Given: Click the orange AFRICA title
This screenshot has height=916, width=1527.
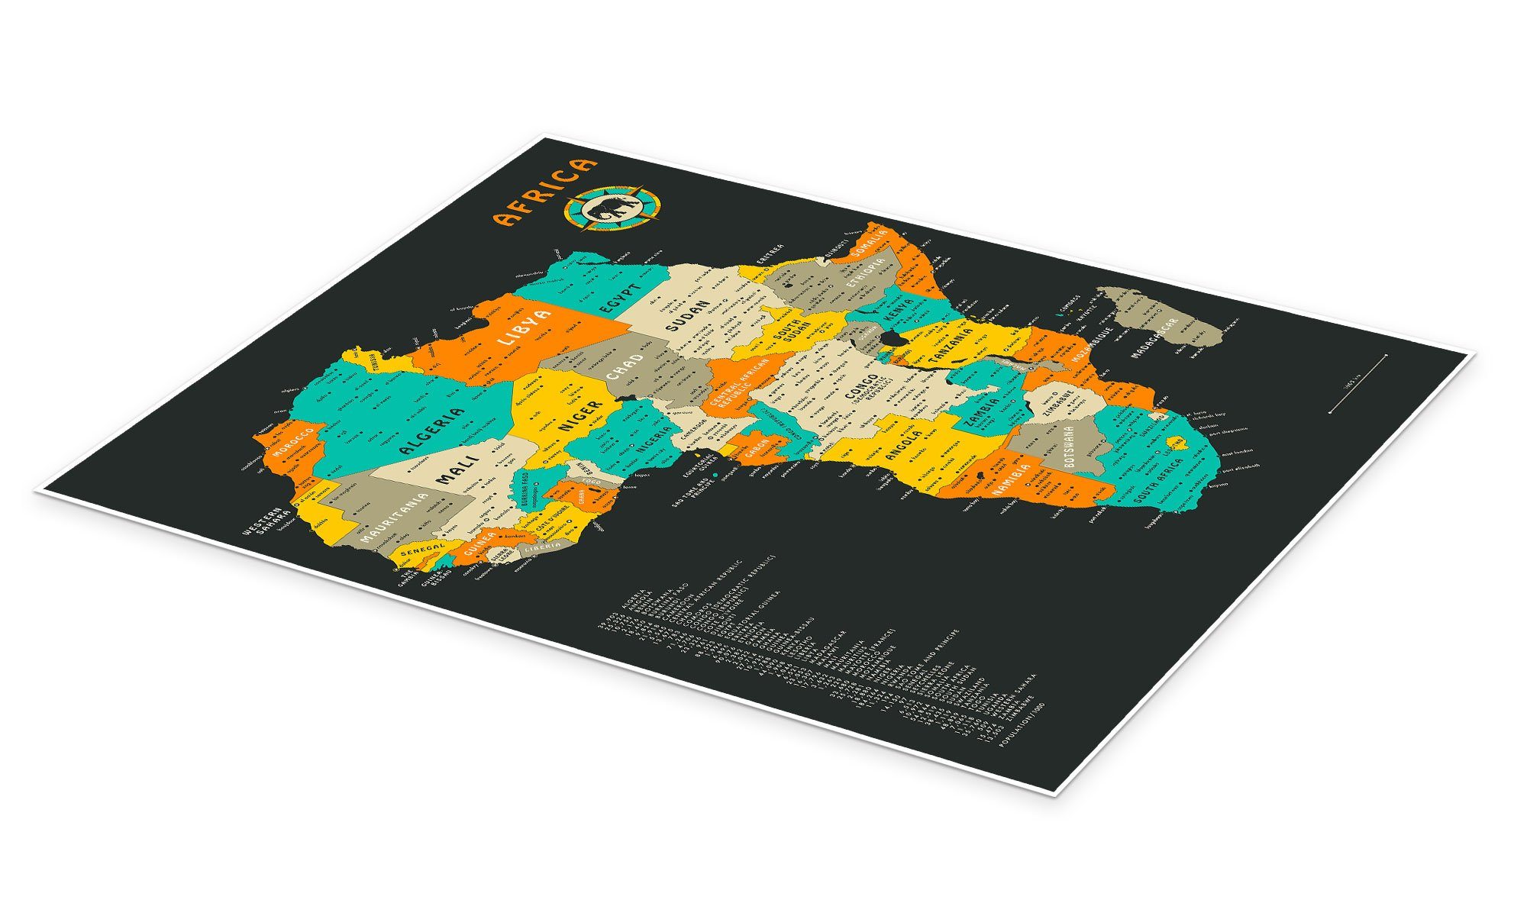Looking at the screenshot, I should pyautogui.click(x=544, y=192).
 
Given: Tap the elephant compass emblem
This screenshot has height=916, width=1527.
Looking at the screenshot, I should pyautogui.click(x=613, y=208).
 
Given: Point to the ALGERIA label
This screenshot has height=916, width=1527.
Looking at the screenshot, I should pyautogui.click(x=431, y=431).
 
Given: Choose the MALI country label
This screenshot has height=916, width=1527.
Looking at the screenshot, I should pyautogui.click(x=457, y=469).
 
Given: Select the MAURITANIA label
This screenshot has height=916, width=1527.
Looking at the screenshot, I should pyautogui.click(x=393, y=518).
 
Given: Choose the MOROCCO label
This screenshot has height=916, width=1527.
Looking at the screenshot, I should pyautogui.click(x=293, y=443).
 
